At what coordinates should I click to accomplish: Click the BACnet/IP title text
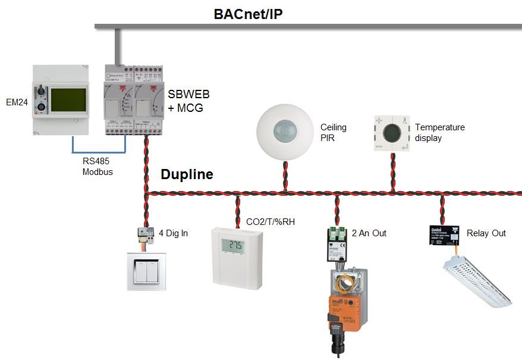click(248, 14)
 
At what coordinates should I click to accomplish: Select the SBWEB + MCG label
click(189, 101)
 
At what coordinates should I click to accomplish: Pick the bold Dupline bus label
click(187, 175)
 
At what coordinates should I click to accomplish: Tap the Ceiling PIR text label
click(333, 133)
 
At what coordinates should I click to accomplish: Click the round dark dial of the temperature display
click(391, 133)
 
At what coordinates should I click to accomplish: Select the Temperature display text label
click(440, 133)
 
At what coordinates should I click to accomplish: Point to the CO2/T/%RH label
click(271, 222)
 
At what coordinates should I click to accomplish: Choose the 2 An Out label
click(369, 233)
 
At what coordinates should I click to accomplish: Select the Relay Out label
click(486, 233)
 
